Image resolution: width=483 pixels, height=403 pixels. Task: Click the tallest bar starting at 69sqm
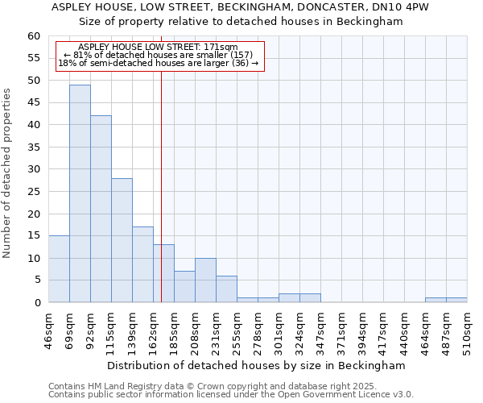(x=80, y=193)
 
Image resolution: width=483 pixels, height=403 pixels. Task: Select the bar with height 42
(x=101, y=209)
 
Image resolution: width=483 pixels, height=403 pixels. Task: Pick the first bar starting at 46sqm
(x=59, y=269)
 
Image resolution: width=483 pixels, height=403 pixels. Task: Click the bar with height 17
(x=142, y=264)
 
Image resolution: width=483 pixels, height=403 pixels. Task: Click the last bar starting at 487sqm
(x=456, y=300)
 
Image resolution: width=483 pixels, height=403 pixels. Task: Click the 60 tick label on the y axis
(x=33, y=36)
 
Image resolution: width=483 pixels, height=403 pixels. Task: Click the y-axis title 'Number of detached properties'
(x=8, y=172)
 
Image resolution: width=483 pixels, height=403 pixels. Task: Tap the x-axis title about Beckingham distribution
(x=255, y=365)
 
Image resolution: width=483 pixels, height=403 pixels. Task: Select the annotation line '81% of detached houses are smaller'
(x=158, y=55)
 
